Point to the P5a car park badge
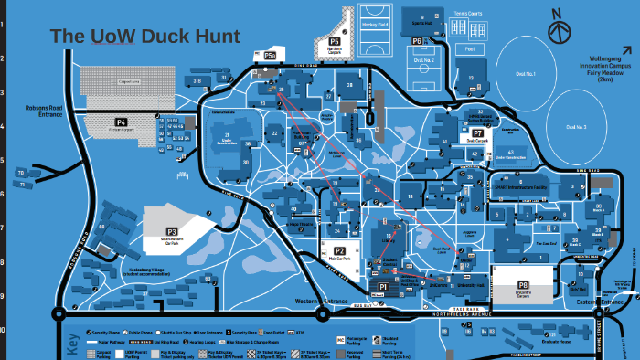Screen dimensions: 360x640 click(271, 57)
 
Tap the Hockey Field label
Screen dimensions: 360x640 click(375, 24)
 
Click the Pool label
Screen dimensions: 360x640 click(470, 48)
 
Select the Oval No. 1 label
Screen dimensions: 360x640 click(525, 72)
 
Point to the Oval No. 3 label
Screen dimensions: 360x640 click(576, 126)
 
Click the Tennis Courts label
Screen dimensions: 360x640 click(469, 14)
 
